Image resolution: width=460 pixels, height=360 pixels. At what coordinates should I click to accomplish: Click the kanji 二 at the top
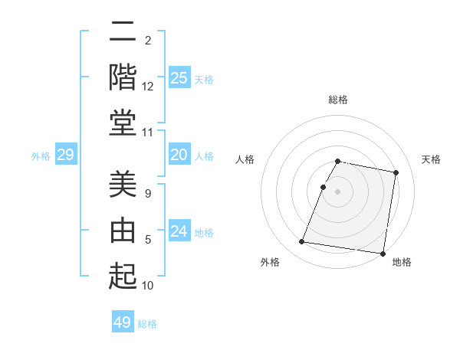(123, 34)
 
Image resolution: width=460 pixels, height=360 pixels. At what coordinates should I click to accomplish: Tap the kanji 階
(123, 77)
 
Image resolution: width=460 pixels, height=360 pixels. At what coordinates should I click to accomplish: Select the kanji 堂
(123, 123)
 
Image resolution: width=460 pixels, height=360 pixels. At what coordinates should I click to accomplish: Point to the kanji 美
(123, 185)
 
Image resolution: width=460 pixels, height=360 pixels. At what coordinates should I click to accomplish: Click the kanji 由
(123, 230)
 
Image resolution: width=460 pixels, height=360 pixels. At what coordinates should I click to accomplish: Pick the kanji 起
(123, 275)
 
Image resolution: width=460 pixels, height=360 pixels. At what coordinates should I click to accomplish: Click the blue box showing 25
(179, 77)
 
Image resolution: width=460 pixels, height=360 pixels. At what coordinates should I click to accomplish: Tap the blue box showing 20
(179, 155)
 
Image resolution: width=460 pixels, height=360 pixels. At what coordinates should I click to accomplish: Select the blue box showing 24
(179, 232)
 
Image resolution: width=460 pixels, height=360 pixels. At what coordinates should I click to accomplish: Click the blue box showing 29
(66, 155)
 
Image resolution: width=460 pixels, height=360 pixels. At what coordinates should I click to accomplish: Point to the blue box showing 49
(123, 322)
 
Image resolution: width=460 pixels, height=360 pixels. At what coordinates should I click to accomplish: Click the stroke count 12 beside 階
(148, 86)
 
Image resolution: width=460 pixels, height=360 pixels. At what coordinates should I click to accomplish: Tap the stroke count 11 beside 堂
(148, 133)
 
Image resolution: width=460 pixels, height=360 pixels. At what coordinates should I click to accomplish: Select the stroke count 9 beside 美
(148, 194)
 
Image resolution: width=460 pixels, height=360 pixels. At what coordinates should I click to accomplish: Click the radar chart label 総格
(338, 100)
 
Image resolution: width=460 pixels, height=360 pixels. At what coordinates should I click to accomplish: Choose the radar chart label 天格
(432, 159)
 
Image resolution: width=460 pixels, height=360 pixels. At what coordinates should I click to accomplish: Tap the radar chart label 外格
(270, 262)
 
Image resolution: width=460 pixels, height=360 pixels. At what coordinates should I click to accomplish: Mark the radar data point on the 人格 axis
(324, 187)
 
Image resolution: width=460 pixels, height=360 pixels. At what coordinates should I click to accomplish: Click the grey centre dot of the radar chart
(338, 191)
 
